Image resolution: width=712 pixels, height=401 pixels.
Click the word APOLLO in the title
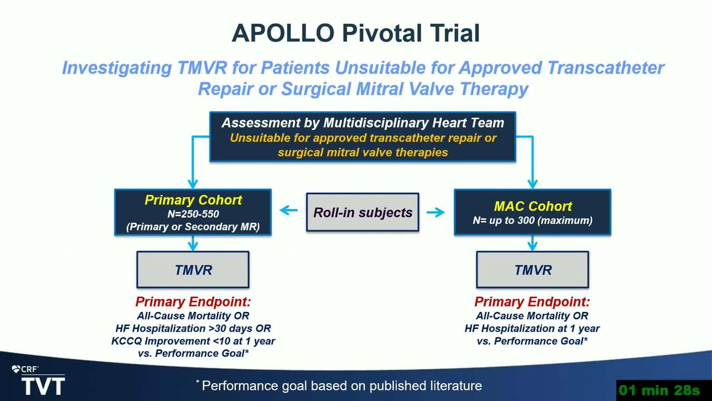283,33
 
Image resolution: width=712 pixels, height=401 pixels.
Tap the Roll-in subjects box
363,212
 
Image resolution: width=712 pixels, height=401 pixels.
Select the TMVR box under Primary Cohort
193,270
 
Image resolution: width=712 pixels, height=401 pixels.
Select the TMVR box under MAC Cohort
532,270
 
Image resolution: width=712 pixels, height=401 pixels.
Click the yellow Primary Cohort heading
193,200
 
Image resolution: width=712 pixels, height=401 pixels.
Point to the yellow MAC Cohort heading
533,206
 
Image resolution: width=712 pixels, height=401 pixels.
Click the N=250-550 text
193,214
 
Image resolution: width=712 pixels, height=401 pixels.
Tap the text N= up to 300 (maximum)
533,220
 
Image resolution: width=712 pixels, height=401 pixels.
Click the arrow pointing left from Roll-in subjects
289,210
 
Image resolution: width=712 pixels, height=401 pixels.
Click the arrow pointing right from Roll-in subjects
436,212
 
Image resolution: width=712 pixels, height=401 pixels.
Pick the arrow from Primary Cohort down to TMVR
193,243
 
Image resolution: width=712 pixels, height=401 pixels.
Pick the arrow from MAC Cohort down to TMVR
532,243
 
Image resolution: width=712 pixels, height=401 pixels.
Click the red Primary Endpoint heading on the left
193,302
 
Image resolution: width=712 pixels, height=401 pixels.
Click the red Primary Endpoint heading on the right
532,302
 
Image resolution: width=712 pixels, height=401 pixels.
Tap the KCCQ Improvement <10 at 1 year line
193,341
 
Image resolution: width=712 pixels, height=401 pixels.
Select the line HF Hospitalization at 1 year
532,328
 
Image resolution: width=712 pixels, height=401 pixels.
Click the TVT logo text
43,386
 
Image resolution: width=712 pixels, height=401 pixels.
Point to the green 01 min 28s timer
660,390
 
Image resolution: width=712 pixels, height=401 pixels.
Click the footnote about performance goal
339,386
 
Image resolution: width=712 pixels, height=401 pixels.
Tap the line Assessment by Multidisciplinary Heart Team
363,123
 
